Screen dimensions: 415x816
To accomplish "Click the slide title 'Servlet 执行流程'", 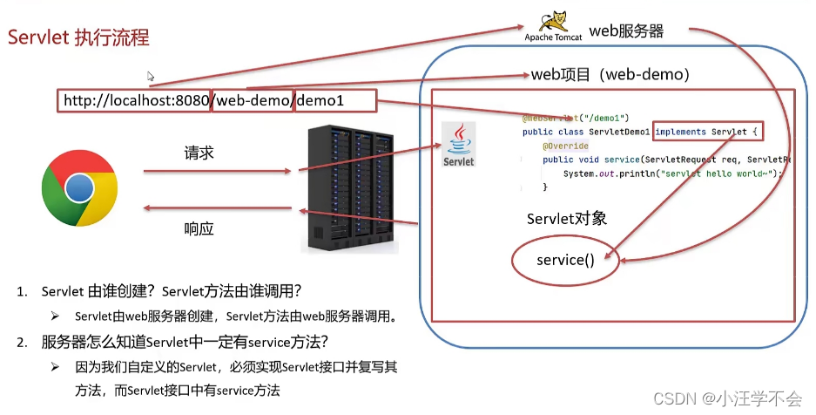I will (78, 37).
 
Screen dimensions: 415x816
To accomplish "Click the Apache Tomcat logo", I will (552, 26).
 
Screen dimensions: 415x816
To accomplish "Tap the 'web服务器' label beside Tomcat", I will (626, 31).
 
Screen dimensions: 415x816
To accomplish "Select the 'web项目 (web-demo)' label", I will (610, 75).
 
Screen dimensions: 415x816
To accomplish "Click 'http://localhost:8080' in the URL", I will (135, 101).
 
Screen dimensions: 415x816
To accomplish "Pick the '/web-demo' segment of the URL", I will (252, 101).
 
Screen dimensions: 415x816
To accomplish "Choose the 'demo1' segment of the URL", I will (321, 101).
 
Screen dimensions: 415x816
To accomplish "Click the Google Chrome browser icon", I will (79, 187).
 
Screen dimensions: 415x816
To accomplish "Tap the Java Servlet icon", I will (458, 145).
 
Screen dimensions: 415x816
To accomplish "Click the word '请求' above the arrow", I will (199, 153).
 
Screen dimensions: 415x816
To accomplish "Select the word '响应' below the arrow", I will (199, 229).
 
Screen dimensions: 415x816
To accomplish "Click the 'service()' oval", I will (565, 260).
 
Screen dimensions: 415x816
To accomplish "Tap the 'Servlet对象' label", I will (566, 219).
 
